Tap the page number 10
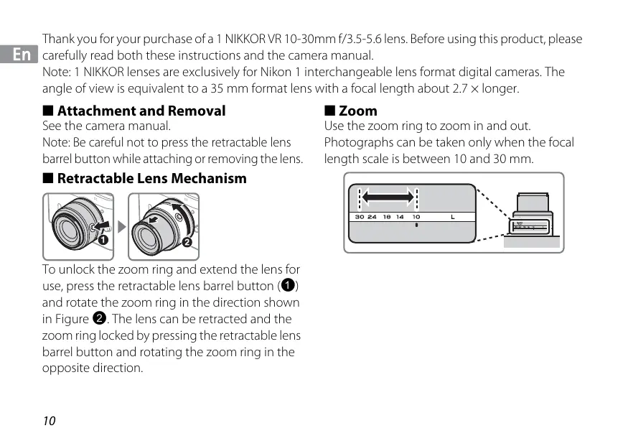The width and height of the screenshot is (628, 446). click(49, 421)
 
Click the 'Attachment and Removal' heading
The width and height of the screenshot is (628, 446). click(141, 111)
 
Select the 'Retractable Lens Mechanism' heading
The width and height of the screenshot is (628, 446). click(151, 178)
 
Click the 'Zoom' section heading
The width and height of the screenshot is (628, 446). click(357, 111)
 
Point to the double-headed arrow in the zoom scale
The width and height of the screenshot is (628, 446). click(388, 196)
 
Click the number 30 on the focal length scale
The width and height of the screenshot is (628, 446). click(359, 216)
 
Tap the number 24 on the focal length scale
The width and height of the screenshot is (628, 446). click(372, 216)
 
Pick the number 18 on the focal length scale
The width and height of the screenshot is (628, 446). click(387, 216)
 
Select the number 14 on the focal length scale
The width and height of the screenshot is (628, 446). click(400, 216)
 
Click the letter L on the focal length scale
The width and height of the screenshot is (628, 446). click(453, 216)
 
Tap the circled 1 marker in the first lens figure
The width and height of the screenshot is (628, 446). click(103, 240)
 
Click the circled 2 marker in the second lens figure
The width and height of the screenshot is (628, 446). click(187, 242)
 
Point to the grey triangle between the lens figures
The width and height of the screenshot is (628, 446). click(121, 226)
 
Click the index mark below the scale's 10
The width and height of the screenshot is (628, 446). click(416, 224)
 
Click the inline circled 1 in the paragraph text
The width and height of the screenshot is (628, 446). click(287, 286)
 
